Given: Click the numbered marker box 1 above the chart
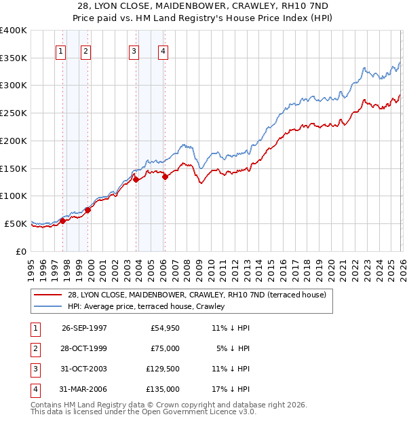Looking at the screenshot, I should pos(61,51).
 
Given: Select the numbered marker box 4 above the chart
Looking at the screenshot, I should pos(164,51).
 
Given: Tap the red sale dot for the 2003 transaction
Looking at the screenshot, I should pos(136,180).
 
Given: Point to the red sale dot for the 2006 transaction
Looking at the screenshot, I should pos(165,177).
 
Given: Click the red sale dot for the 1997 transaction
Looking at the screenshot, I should pos(62,221).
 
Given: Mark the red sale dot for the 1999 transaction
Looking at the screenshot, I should pos(88,210).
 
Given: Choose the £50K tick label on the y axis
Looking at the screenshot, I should pos(16,223).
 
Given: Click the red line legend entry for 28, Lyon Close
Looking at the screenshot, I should pos(197,295).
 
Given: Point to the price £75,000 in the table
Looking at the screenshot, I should pos(163,348).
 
